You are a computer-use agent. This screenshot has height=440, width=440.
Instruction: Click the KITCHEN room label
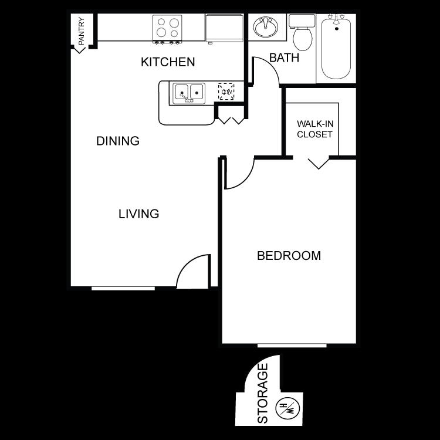pyautogui.click(x=168, y=62)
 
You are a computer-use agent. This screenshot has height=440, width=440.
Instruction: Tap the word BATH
pyautogui.click(x=284, y=57)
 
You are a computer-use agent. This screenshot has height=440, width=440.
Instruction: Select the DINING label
pyautogui.click(x=118, y=141)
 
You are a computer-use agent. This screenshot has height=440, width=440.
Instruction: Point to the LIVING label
pyautogui.click(x=139, y=214)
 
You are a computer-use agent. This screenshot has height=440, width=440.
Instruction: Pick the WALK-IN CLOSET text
pyautogui.click(x=314, y=129)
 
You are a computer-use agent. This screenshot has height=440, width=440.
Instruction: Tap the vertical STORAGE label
pyautogui.click(x=263, y=393)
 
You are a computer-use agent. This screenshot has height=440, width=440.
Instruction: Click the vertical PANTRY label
pyautogui.click(x=81, y=32)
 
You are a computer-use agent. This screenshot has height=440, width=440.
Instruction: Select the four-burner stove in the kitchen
pyautogui.click(x=167, y=28)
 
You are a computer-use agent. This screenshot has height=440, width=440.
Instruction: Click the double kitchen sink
pyautogui.click(x=188, y=93)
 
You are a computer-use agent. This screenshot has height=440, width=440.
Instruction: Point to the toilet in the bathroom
pyautogui.click(x=303, y=33)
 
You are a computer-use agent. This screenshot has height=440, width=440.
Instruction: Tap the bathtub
pyautogui.click(x=336, y=49)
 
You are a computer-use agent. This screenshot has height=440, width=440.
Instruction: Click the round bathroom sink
pyautogui.click(x=266, y=27)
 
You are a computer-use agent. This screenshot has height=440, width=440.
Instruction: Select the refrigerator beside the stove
pyautogui.click(x=224, y=27)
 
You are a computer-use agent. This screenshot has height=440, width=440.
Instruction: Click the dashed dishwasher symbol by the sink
pyautogui.click(x=226, y=92)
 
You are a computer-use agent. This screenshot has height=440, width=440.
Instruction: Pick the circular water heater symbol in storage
pyautogui.click(x=287, y=408)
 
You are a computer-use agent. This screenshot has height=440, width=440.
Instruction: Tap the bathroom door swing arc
pyautogui.click(x=267, y=69)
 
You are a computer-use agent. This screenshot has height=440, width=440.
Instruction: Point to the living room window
pyautogui.click(x=123, y=288)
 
